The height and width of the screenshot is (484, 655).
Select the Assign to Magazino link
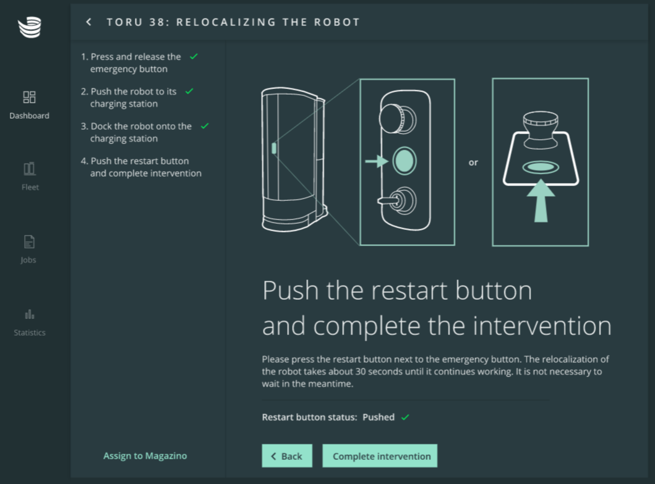[x=145, y=456]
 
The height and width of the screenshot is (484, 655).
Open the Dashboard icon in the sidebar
[x=29, y=97]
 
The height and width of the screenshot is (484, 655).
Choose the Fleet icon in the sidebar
[x=29, y=169]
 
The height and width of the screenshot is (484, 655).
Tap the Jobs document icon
[x=29, y=242]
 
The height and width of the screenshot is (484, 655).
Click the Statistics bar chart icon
[x=29, y=314]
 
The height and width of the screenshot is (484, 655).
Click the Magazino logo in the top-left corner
[x=30, y=27]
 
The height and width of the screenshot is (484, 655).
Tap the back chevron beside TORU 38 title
[x=88, y=22]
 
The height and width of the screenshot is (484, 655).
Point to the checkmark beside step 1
[x=194, y=56]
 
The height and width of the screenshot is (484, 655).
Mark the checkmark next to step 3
[x=205, y=125]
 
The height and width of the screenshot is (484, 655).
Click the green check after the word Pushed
[x=405, y=417]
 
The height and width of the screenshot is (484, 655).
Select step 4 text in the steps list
[x=141, y=167]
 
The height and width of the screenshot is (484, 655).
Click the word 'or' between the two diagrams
[x=473, y=163]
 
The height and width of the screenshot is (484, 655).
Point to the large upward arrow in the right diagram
[x=541, y=201]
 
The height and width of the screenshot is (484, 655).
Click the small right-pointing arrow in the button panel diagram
[x=377, y=161]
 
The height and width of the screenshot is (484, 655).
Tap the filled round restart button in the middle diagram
[x=405, y=161]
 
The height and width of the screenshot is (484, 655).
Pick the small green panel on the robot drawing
[x=274, y=148]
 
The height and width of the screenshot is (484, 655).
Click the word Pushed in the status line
[x=379, y=417]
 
